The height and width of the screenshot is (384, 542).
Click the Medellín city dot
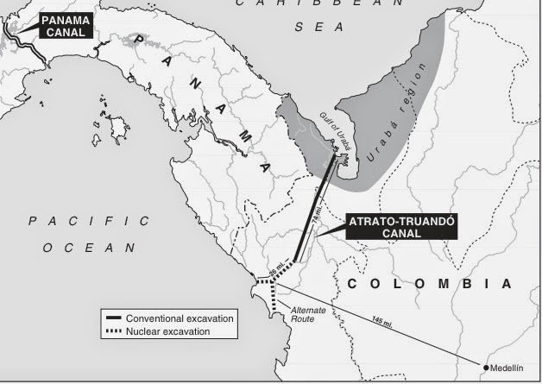(x=488, y=368)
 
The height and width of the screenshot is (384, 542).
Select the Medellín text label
(x=510, y=368)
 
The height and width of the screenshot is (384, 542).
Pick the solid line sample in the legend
(x=111, y=318)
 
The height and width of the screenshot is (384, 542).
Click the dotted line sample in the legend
(x=111, y=330)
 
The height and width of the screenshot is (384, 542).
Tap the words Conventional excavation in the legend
(x=180, y=318)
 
